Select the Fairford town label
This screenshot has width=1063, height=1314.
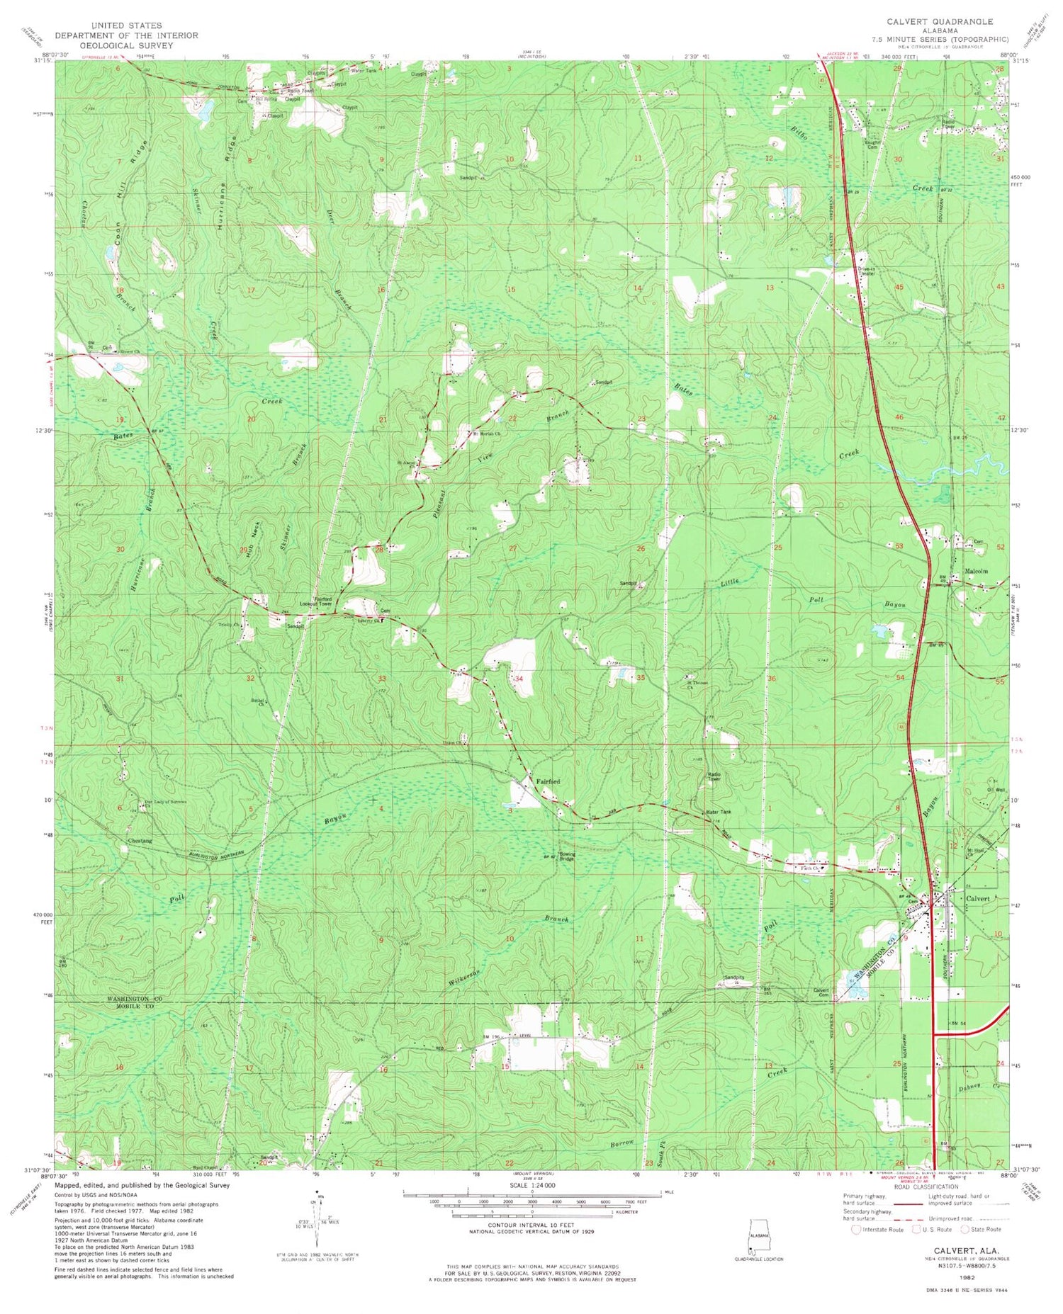(x=548, y=781)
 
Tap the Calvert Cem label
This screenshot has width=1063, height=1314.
(x=821, y=993)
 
